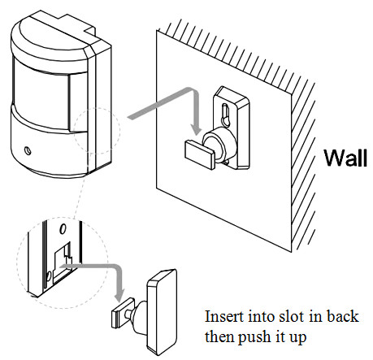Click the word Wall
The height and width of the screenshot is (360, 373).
click(x=345, y=158)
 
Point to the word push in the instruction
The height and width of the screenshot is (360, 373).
click(x=254, y=337)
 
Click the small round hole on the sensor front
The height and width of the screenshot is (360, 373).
click(x=28, y=150)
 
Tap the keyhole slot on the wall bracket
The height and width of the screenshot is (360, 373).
click(x=226, y=115)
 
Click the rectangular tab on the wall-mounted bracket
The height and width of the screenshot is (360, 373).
click(x=200, y=154)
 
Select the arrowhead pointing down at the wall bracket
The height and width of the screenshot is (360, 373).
click(x=196, y=130)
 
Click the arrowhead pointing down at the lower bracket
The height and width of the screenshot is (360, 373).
click(x=119, y=296)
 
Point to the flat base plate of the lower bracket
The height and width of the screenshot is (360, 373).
click(x=162, y=312)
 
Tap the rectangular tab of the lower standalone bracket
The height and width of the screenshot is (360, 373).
click(x=123, y=313)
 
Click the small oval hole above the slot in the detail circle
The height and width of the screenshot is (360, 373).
click(x=63, y=229)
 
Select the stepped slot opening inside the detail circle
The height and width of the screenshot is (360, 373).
click(x=63, y=262)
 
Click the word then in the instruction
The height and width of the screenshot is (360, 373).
click(x=219, y=337)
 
